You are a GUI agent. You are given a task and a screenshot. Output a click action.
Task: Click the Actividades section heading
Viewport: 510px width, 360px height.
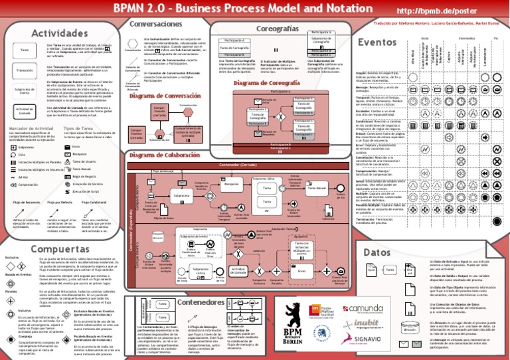point(41,33)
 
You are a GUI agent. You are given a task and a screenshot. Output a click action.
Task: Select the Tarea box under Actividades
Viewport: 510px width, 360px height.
point(25,50)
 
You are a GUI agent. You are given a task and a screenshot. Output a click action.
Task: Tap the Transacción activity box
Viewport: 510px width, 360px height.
point(25,69)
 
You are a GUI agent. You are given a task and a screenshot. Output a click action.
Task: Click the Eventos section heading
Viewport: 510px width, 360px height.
point(377,42)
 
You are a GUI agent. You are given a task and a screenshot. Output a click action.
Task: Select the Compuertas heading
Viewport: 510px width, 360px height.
point(41,248)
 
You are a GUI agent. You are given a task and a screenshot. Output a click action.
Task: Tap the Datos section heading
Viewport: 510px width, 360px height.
point(377,252)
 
